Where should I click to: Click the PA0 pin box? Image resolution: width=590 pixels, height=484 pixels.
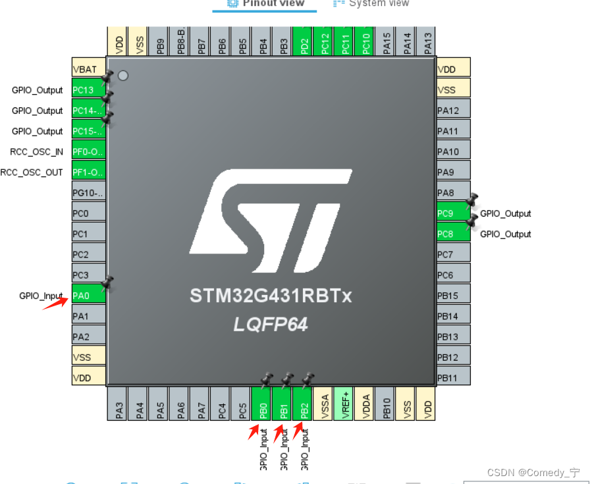(88, 295)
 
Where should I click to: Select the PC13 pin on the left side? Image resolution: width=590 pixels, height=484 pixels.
(88, 90)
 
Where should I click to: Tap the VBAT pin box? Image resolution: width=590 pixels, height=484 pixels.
(88, 69)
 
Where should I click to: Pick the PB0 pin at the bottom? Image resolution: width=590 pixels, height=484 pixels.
(263, 404)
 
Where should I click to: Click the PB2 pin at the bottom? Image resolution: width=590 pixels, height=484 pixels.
(304, 404)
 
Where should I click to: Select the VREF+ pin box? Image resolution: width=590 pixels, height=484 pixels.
(344, 404)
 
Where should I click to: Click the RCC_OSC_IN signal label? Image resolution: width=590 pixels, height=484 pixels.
(37, 151)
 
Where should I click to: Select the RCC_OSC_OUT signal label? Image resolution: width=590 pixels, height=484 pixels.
(32, 173)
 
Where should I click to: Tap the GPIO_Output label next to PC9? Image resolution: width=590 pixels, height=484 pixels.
(506, 213)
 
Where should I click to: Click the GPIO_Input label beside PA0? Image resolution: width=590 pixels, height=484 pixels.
(41, 296)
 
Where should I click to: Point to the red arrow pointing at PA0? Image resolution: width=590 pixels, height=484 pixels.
(56, 302)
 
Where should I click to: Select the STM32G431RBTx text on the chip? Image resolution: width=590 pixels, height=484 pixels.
(271, 296)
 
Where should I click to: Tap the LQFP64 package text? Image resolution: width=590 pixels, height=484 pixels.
(271, 325)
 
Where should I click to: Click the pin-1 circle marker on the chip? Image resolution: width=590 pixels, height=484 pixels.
(122, 76)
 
